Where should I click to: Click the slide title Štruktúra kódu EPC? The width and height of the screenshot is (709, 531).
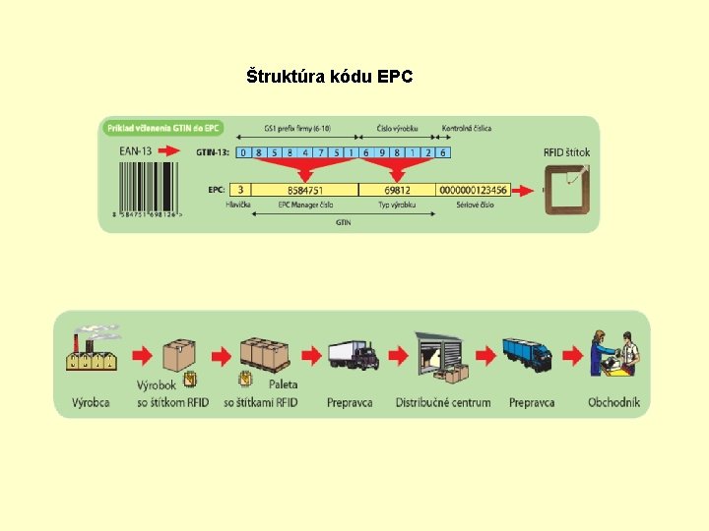pyautogui.click(x=329, y=76)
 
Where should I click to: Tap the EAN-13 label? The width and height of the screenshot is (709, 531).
pyautogui.click(x=135, y=150)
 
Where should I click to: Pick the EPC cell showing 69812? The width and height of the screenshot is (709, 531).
pyautogui.click(x=398, y=190)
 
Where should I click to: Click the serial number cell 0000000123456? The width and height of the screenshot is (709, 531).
pyautogui.click(x=474, y=190)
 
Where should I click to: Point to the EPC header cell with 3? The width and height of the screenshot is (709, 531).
pyautogui.click(x=240, y=190)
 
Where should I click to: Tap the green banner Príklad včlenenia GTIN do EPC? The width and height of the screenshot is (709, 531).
pyautogui.click(x=162, y=128)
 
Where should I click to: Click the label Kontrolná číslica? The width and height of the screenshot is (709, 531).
pyautogui.click(x=466, y=128)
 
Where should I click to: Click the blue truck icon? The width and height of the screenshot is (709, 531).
pyautogui.click(x=531, y=354)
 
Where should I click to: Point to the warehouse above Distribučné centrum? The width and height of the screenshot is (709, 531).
pyautogui.click(x=440, y=354)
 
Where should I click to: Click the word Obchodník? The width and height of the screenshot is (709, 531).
pyautogui.click(x=613, y=402)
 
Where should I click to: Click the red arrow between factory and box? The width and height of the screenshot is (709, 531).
pyautogui.click(x=142, y=354)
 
